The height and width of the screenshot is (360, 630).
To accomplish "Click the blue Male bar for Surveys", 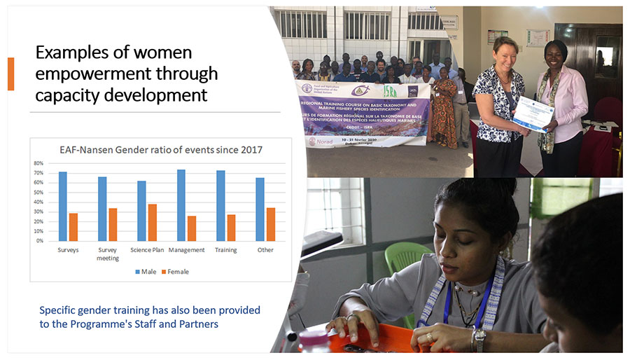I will [63, 206].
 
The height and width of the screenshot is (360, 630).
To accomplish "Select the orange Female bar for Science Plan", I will [153, 222].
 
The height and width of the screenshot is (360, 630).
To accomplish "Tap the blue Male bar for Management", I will [181, 205].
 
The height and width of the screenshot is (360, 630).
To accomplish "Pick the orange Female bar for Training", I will [231, 227].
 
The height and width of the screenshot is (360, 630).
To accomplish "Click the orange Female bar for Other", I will [271, 224].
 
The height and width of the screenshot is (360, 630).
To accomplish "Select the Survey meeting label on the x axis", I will [107, 254].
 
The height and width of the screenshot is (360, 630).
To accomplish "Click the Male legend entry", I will [148, 272].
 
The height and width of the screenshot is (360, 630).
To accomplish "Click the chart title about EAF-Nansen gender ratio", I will [160, 148].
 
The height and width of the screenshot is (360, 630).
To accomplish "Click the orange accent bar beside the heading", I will [10, 74].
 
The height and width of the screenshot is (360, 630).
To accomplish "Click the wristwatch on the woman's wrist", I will [479, 340].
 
